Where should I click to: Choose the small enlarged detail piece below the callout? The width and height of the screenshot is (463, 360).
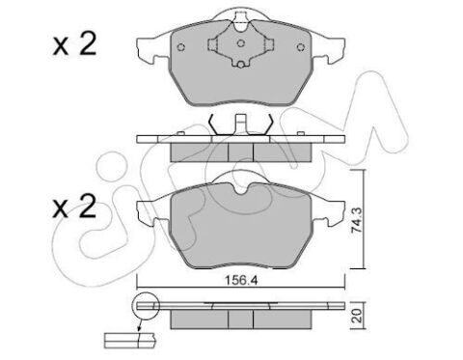point(121,338)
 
